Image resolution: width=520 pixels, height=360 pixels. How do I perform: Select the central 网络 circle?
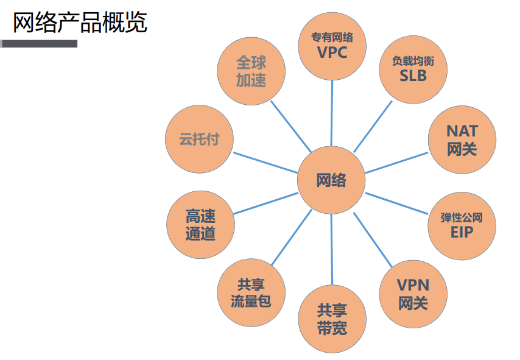pos(331,180)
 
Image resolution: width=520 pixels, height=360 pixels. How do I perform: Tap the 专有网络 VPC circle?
pos(332,46)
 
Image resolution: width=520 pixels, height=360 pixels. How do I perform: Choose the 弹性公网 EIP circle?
pos(462,225)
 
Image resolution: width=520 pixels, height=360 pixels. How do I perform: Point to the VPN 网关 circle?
pos(413,294)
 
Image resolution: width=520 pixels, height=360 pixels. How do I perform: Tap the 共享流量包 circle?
pos(250,293)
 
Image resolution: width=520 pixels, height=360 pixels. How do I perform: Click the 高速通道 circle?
pos(200,224)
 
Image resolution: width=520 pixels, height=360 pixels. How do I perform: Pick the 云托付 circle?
pos(199,139)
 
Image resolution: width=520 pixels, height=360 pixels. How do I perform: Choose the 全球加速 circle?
pos(251,71)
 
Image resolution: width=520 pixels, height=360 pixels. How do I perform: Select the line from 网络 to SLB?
pos(373,125)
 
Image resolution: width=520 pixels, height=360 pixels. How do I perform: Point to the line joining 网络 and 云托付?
pos(265,160)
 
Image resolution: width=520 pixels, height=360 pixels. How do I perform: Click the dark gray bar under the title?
pos(39,44)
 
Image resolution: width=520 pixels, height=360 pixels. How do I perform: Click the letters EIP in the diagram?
pos(462,232)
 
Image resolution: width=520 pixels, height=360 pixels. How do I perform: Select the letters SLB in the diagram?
pos(413,76)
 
